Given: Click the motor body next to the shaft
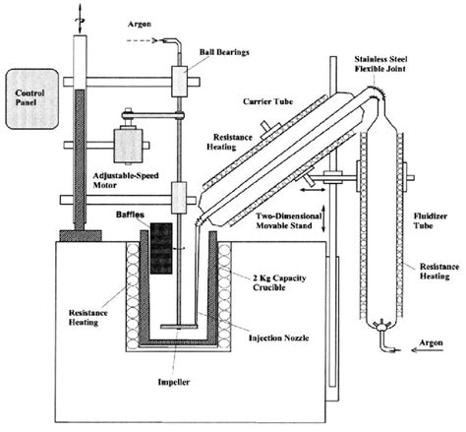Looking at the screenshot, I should tap(129, 145).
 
